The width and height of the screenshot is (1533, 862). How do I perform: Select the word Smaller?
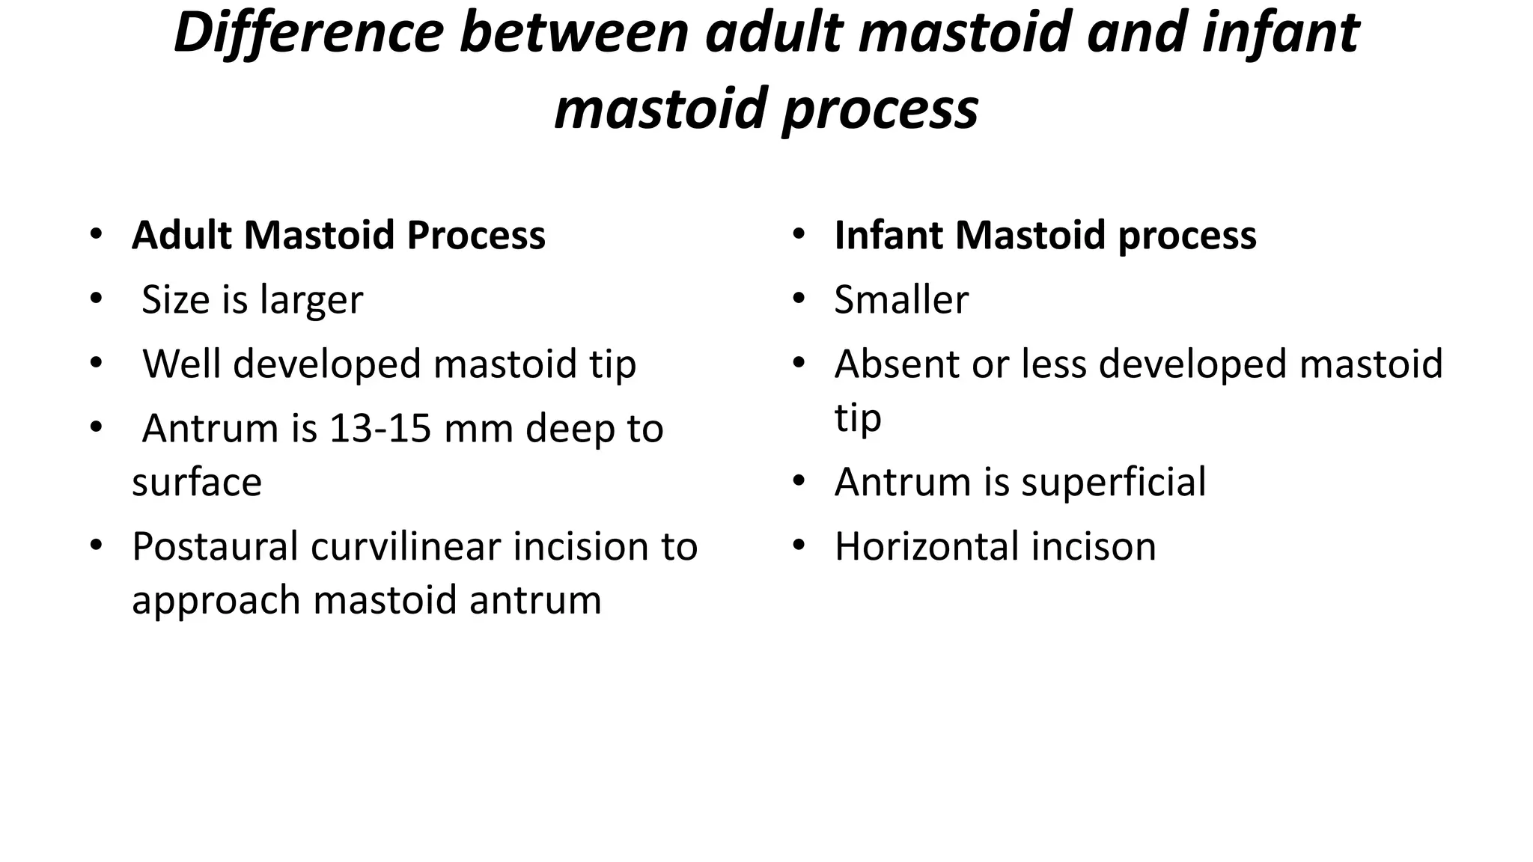901,299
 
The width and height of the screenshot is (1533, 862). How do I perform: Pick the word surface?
197,483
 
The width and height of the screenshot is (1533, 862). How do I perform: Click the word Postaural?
215,547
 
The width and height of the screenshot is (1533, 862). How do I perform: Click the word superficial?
1113,482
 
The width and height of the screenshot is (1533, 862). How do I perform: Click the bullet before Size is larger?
95,298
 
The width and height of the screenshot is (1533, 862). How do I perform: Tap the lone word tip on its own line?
858,419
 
